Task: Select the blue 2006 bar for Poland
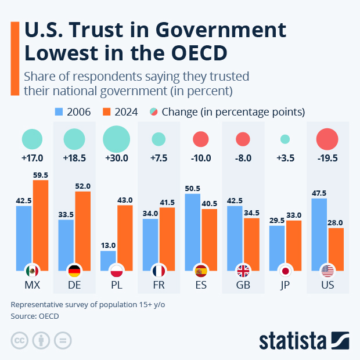click(x=108, y=260)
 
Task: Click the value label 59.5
click(x=41, y=174)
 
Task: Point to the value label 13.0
click(x=108, y=245)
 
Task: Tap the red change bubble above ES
click(x=201, y=139)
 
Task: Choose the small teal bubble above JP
click(x=285, y=139)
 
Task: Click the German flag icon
click(x=74, y=271)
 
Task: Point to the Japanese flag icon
click(x=285, y=271)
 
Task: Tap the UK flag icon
click(x=243, y=271)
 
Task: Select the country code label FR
click(x=159, y=286)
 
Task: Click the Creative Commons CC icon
click(x=20, y=340)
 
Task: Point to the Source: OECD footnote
click(x=35, y=316)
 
